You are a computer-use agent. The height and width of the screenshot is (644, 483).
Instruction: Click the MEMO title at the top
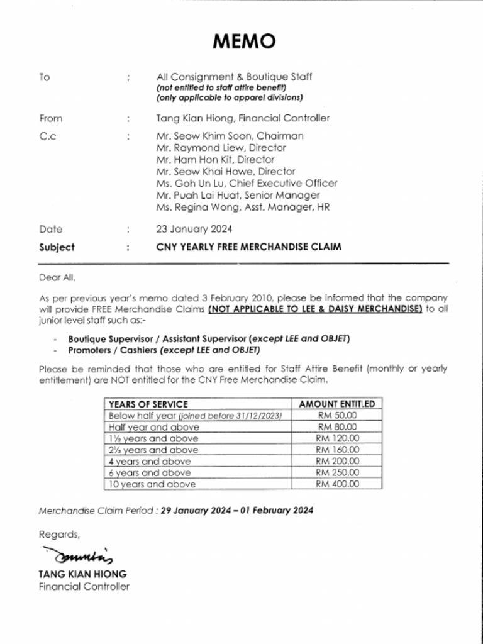tap(244, 42)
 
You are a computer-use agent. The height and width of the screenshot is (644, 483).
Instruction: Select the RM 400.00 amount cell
tap(338, 484)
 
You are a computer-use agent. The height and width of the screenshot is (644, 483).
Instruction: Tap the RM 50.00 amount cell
tap(338, 416)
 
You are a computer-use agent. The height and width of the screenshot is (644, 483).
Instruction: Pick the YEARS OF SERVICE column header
tap(148, 404)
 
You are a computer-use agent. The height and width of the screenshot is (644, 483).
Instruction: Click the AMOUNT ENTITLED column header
tap(337, 404)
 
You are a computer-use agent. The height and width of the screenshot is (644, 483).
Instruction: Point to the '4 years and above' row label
tap(150, 461)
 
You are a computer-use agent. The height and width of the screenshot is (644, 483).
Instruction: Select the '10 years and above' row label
tap(152, 484)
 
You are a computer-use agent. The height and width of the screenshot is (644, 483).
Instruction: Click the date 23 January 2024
tap(194, 229)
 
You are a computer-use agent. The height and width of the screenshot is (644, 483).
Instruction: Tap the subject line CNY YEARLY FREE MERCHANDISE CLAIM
tap(248, 247)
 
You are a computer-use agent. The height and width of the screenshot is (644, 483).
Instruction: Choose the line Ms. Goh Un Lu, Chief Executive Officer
tap(247, 183)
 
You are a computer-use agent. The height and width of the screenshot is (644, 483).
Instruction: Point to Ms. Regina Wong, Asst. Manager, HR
tap(243, 207)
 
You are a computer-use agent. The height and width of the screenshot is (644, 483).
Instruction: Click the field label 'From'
tap(51, 118)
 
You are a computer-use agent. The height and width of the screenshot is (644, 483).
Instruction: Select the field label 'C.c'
tap(47, 136)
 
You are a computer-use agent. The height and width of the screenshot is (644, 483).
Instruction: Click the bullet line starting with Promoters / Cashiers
tap(164, 350)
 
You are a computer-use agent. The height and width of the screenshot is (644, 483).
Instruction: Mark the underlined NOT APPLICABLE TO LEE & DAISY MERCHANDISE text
tap(315, 309)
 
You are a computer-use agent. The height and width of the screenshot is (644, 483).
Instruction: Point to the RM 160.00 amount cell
tap(338, 450)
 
